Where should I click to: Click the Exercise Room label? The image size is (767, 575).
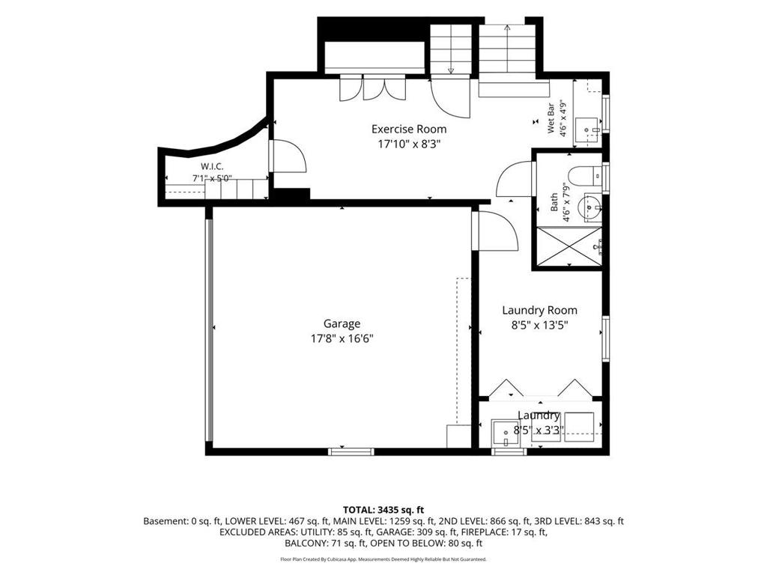409,129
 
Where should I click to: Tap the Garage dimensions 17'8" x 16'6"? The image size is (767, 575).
342,338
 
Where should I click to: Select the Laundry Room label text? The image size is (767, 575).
539,311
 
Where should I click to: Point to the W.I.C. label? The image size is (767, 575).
212,167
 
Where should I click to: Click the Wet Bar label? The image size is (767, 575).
551,119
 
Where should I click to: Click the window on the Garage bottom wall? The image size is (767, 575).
351,451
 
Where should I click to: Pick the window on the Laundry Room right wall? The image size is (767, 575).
606,339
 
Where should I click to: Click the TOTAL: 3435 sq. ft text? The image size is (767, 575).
383,511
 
